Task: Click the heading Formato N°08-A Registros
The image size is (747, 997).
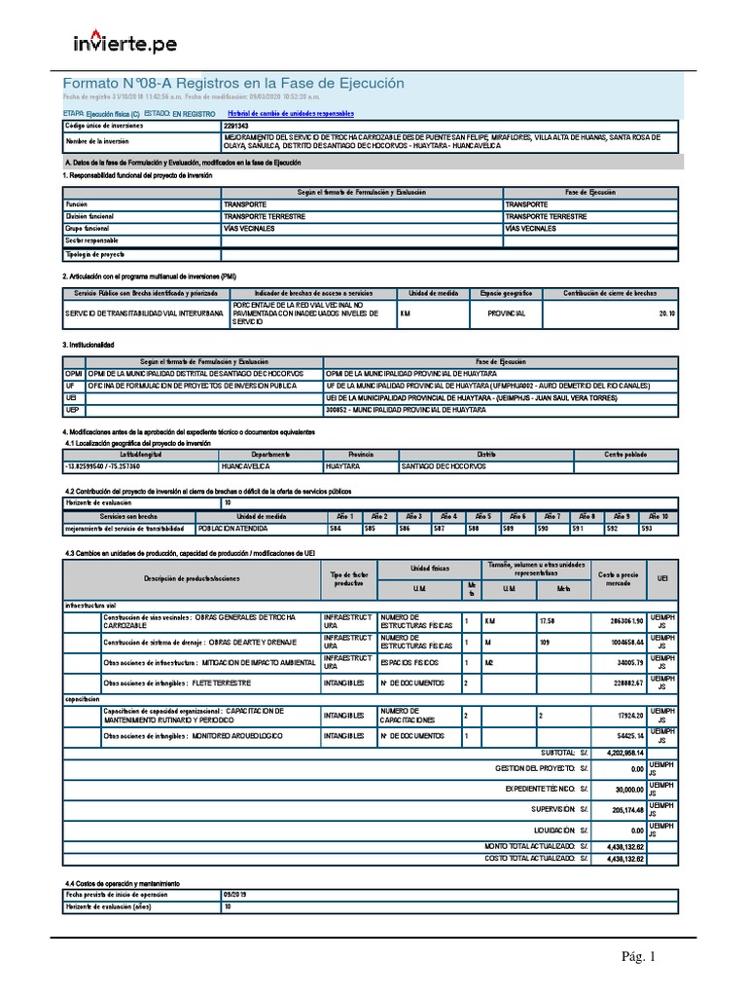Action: [233, 84]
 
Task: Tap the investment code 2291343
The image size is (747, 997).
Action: [237, 126]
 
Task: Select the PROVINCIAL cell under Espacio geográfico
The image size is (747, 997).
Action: [499, 314]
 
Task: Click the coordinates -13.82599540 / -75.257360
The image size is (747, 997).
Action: [106, 466]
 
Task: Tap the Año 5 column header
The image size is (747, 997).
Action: [483, 516]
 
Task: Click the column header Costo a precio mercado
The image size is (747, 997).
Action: [617, 578]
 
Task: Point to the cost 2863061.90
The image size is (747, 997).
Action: [622, 620]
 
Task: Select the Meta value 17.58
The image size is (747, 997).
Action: [551, 620]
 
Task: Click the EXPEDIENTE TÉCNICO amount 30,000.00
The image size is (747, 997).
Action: [626, 789]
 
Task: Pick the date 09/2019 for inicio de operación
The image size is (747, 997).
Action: [237, 893]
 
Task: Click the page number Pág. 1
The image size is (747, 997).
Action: [640, 958]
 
